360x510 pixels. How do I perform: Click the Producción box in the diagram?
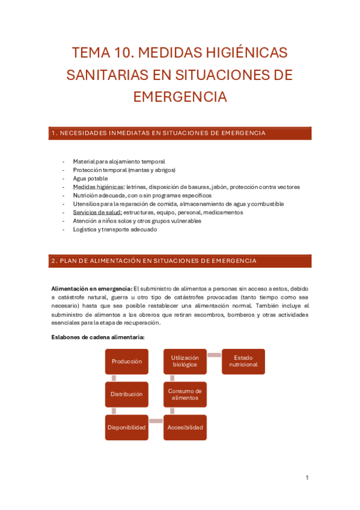[x=127, y=361]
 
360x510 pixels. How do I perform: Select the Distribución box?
[x=127, y=395]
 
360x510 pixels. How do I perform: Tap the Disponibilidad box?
[x=127, y=428]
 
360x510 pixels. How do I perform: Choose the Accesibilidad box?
[x=185, y=428]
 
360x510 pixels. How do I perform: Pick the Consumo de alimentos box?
[x=185, y=395]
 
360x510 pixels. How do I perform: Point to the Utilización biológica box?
[x=185, y=361]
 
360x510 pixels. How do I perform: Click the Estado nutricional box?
[x=243, y=361]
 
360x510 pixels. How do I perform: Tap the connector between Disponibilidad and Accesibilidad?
[x=156, y=421]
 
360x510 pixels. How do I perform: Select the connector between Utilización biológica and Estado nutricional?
[x=215, y=355]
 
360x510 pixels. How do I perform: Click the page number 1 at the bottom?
[x=307, y=478]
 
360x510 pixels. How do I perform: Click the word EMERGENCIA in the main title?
[x=180, y=97]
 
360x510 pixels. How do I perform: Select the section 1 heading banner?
[x=180, y=133]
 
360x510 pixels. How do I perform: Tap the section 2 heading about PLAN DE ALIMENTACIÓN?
[x=180, y=261]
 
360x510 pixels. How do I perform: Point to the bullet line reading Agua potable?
[x=90, y=179]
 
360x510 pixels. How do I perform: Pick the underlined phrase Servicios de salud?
[x=97, y=212]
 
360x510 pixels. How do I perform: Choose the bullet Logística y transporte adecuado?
[x=115, y=229]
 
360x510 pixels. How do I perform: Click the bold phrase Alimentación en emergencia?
[x=91, y=289]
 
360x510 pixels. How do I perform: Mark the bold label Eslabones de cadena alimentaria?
[x=97, y=337]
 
